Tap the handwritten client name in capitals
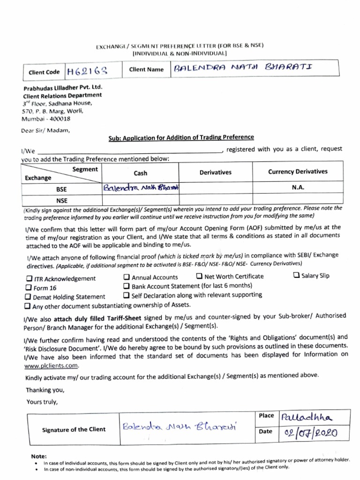[x=242, y=69]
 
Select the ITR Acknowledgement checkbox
[x=29, y=278]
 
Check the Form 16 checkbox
[x=29, y=288]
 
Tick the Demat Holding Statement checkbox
[x=29, y=297]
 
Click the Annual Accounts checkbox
[x=127, y=277]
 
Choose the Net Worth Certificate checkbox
[x=199, y=276]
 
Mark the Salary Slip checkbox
[x=296, y=275]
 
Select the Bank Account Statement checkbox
[x=127, y=286]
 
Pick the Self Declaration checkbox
[x=127, y=295]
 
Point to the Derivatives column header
[x=215, y=172]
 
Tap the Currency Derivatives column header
[x=298, y=172]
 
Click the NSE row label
[x=62, y=201]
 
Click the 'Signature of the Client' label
[x=74, y=429]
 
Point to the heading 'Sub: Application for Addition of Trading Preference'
[x=181, y=137]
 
